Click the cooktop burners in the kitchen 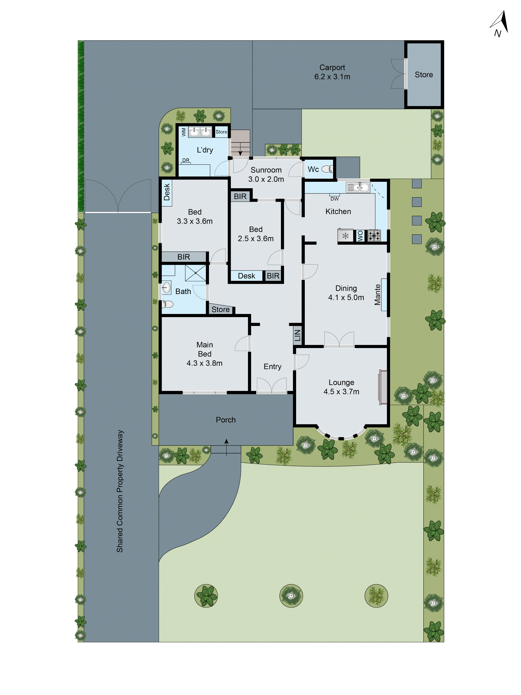click(x=374, y=235)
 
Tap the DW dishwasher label click(x=334, y=199)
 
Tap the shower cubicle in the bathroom click(x=195, y=273)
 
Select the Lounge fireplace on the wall click(x=383, y=387)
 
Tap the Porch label click(x=225, y=420)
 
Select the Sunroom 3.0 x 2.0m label click(x=266, y=174)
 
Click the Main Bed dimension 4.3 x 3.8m click(x=204, y=363)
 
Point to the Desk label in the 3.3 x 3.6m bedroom click(x=167, y=192)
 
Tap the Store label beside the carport click(x=424, y=75)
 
